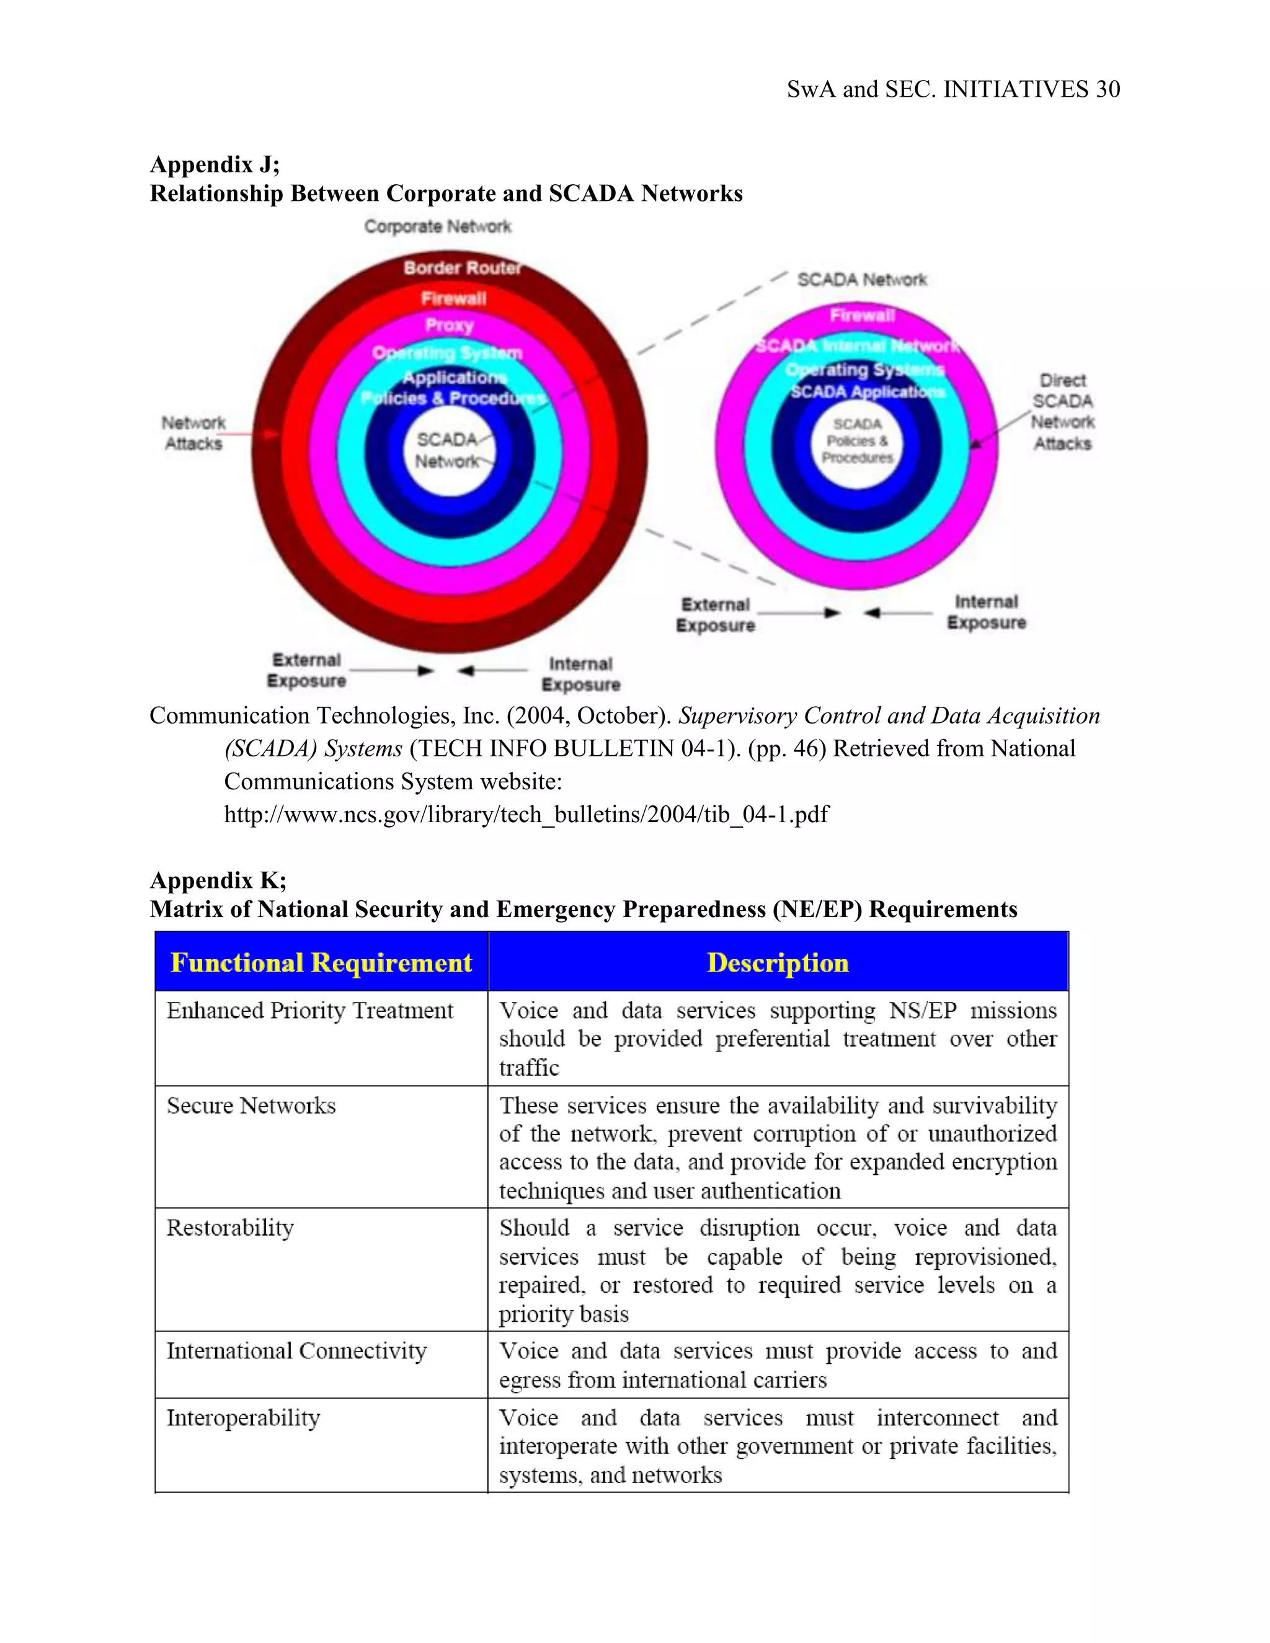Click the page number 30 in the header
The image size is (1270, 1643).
[1108, 89]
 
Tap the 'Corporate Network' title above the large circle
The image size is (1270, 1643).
[437, 226]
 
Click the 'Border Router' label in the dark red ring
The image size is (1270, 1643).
[462, 268]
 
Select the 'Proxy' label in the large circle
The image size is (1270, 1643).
[449, 325]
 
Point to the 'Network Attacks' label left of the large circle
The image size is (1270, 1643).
[193, 433]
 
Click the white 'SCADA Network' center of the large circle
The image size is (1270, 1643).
[448, 450]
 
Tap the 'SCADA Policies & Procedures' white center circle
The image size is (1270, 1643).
[857, 441]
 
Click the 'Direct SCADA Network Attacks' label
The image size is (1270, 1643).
[1062, 412]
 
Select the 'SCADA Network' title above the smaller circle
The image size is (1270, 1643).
[861, 280]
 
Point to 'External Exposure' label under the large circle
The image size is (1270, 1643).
[306, 670]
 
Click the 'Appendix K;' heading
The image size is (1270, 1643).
[218, 880]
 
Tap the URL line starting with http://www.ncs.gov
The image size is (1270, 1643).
[526, 814]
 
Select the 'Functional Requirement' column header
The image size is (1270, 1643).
[321, 962]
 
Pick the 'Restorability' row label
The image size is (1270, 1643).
[230, 1228]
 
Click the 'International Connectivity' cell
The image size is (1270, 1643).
[296, 1351]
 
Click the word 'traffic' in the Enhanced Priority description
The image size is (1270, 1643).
[529, 1068]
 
